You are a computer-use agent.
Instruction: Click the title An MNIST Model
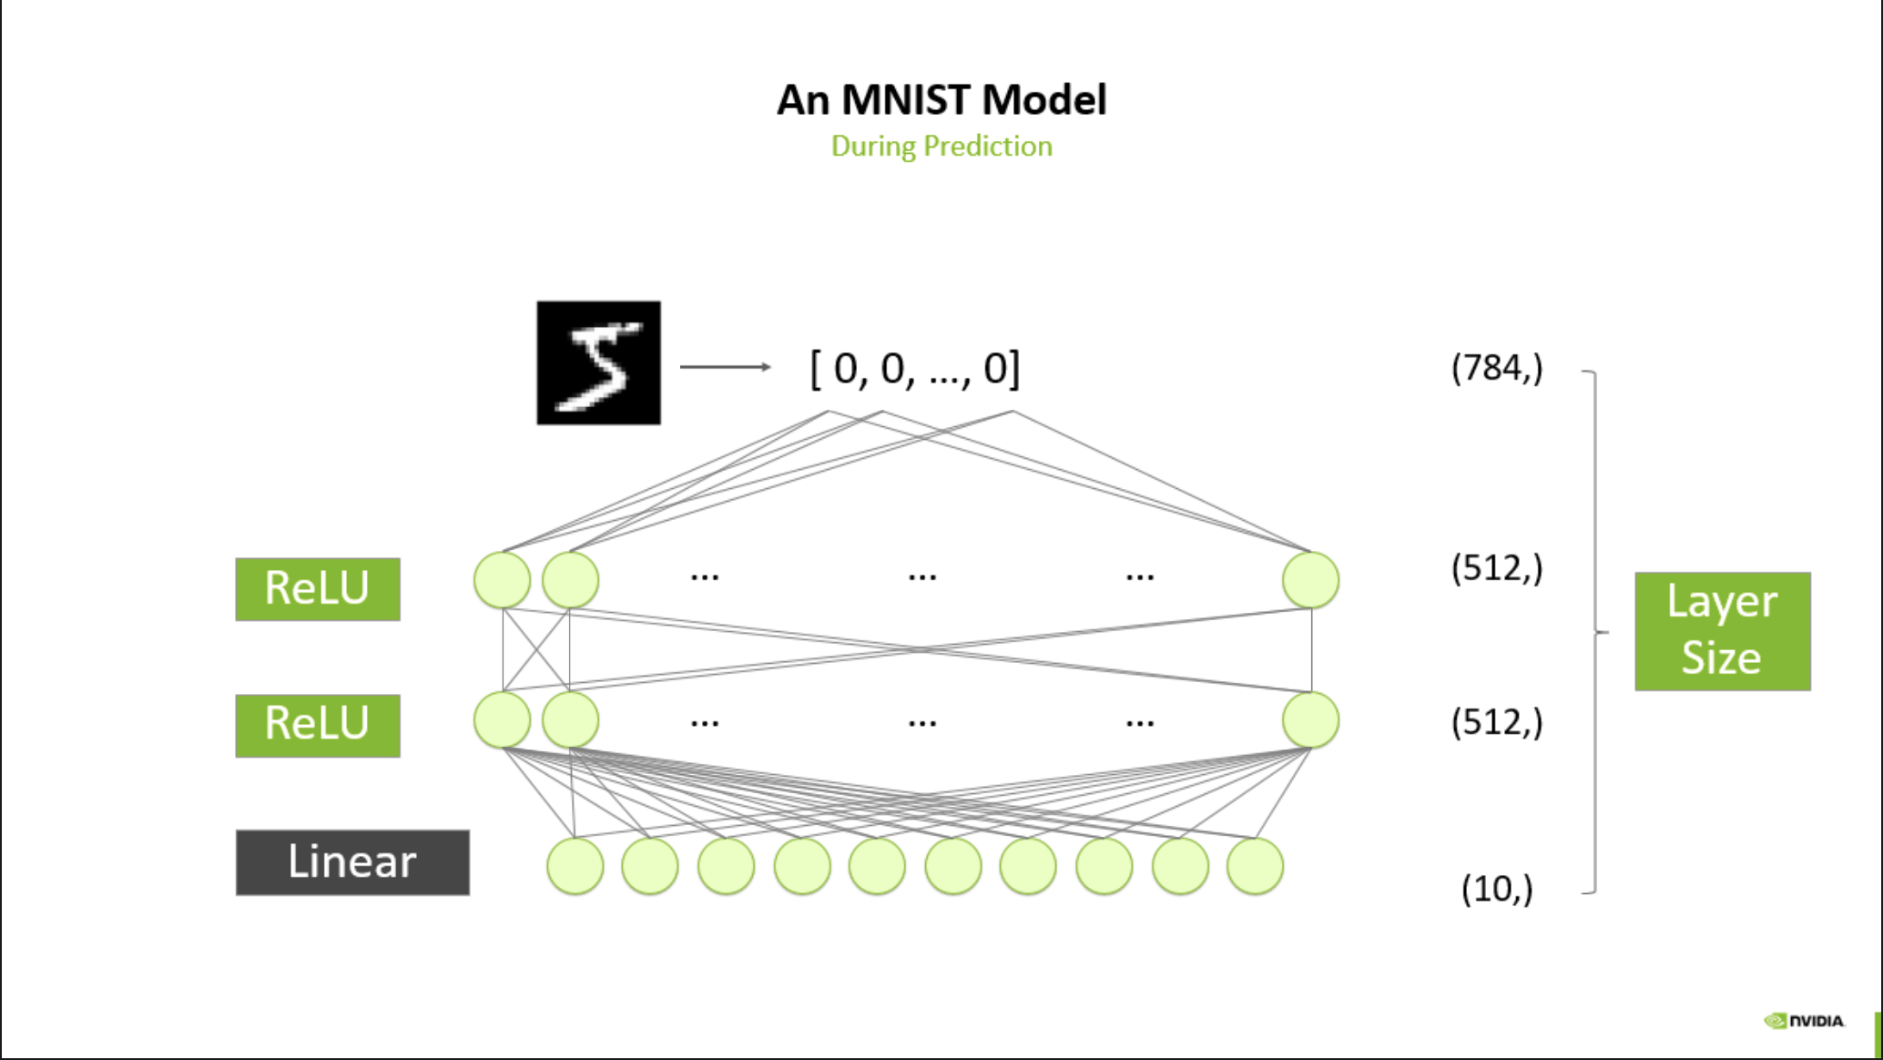tap(941, 99)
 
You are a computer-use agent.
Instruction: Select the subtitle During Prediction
tap(941, 146)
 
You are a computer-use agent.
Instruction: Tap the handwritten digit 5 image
tap(598, 362)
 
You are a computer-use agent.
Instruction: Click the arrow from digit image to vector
tap(725, 367)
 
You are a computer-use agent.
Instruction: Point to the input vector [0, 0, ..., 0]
tap(914, 369)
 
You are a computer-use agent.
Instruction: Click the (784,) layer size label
tap(1497, 368)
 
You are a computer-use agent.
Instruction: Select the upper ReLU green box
tap(317, 588)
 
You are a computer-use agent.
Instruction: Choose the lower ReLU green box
tap(317, 725)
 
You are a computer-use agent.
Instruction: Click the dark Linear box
tap(352, 861)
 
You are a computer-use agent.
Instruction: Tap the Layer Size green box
tap(1722, 630)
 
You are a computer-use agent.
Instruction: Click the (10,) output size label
tap(1497, 888)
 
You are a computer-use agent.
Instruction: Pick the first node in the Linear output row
tap(575, 866)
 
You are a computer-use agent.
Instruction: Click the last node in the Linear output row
tap(1255, 866)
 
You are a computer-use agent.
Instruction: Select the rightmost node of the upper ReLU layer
tap(1310, 580)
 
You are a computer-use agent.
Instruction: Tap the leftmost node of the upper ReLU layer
tap(502, 580)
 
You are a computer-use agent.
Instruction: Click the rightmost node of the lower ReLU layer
tap(1310, 719)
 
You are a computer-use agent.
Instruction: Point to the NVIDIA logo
tap(1804, 1021)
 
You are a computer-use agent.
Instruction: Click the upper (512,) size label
tap(1497, 568)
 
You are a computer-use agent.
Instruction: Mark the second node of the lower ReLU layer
tap(570, 719)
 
